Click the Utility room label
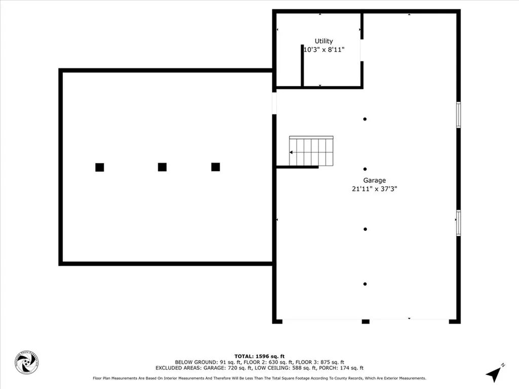click(x=324, y=41)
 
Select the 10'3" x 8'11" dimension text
click(x=324, y=50)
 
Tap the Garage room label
click(x=374, y=180)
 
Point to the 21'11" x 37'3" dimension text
click(x=374, y=189)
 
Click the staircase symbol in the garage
click(x=311, y=151)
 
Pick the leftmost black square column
click(x=99, y=167)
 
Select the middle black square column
click(x=162, y=167)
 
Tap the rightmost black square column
click(x=215, y=167)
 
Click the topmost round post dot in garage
click(x=365, y=119)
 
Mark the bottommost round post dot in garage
click(x=365, y=284)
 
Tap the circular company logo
click(x=26, y=363)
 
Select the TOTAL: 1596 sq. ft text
click(x=259, y=356)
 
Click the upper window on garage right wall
click(x=458, y=115)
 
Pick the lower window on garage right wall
click(x=458, y=223)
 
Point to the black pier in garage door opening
click(x=365, y=321)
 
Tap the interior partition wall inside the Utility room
click(x=302, y=66)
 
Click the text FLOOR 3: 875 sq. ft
click(x=322, y=362)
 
